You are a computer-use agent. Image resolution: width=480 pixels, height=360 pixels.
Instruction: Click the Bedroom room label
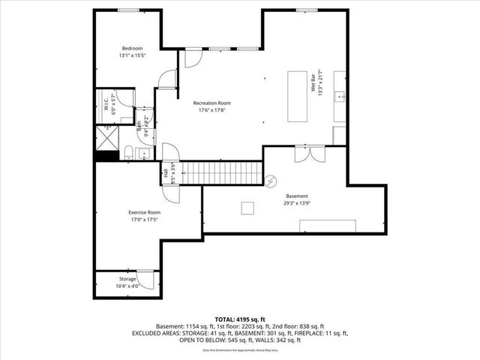[133, 49]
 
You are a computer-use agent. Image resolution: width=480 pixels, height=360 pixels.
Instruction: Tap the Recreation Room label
[211, 103]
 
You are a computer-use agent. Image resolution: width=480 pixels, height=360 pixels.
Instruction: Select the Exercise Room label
[144, 212]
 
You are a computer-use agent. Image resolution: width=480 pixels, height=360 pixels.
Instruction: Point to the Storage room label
[127, 279]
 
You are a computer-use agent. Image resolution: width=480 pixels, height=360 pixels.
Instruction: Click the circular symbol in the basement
[271, 181]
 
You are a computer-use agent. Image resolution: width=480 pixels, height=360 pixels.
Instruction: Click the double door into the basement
[310, 154]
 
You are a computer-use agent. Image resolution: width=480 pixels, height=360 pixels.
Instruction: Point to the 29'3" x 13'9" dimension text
[295, 202]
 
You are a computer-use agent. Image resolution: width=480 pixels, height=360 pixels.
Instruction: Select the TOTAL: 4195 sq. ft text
[239, 319]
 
